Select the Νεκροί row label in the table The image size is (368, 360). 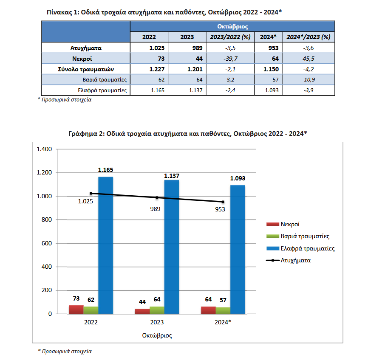tap(82, 59)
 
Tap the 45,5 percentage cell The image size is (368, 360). tap(309, 59)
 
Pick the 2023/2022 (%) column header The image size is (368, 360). tap(230, 37)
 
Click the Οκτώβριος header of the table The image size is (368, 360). tap(232, 26)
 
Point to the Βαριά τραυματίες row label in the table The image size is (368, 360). tap(105, 80)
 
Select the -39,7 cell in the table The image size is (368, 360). tap(230, 59)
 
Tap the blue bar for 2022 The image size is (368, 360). tap(106, 245)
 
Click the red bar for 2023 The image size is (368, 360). tap(142, 311)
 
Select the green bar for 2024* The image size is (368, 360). tap(223, 310)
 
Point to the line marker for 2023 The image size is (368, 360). tap(157, 197)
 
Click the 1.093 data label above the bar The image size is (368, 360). tap(238, 178)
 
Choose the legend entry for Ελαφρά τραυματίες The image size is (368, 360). tap(300, 248)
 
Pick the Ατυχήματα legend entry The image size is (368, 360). tap(289, 260)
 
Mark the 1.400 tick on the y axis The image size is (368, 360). tap(44, 149)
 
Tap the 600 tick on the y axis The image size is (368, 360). tap(46, 243)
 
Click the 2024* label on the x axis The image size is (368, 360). tap(223, 322)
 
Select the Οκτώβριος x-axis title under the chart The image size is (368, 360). tap(157, 335)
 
